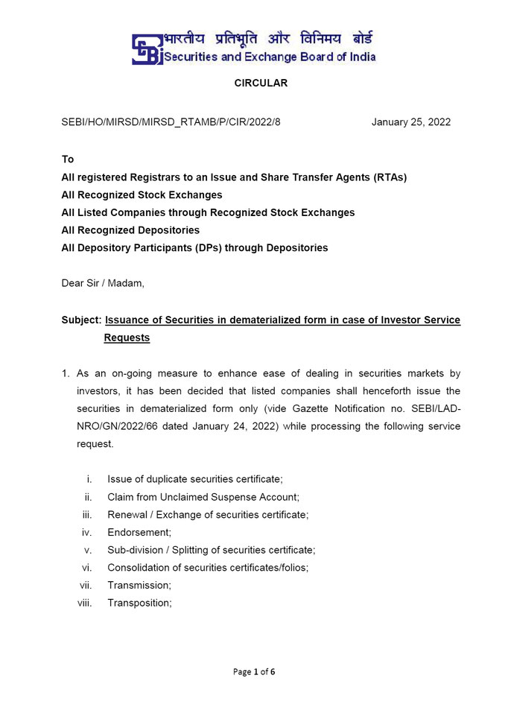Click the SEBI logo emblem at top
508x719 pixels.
point(147,49)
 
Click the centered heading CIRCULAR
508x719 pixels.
point(261,83)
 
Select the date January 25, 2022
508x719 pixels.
point(411,122)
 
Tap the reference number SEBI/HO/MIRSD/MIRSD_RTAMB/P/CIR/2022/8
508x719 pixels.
point(171,122)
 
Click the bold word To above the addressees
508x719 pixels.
point(68,159)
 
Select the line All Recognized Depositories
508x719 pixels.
point(130,230)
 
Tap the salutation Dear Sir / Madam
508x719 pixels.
point(103,283)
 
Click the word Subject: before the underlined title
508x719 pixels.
point(81,320)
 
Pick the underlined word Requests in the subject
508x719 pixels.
point(127,338)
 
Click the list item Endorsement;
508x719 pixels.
point(139,532)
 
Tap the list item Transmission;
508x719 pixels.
point(139,586)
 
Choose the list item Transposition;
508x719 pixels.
point(140,603)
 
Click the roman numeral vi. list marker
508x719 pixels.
point(86,568)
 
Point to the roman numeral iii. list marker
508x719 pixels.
point(87,514)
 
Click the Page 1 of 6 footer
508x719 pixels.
point(254,671)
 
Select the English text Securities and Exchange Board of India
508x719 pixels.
point(270,57)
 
